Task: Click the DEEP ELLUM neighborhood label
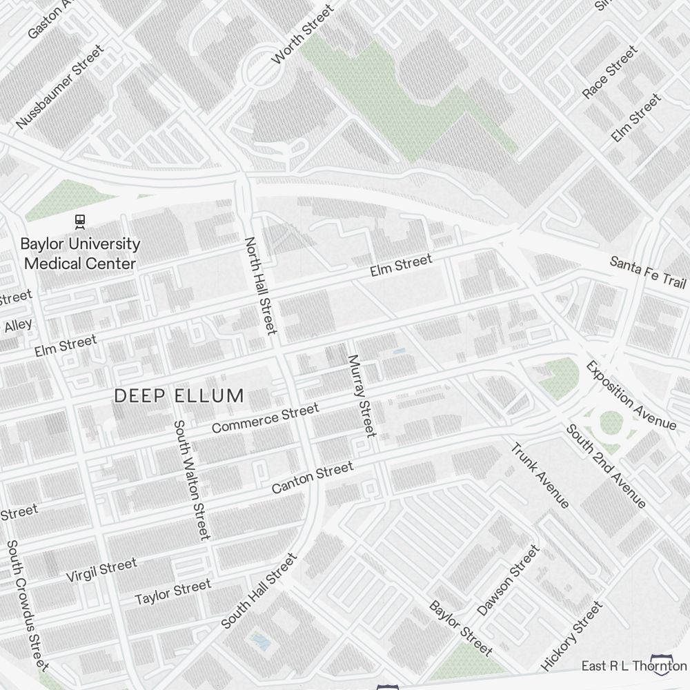tap(179, 396)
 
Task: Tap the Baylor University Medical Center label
tap(80, 253)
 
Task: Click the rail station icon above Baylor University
tap(81, 221)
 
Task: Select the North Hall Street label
tap(261, 286)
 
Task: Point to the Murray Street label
tap(362, 396)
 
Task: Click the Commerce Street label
tap(265, 419)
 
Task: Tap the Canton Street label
tap(312, 477)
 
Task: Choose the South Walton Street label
tap(191, 480)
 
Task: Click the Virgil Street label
tap(101, 571)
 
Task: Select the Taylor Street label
tap(172, 591)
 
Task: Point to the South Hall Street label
tap(259, 591)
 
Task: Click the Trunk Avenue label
tap(540, 475)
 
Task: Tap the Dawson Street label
tap(508, 581)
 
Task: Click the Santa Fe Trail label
tap(648, 272)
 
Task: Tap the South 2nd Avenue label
tap(606, 466)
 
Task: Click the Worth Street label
tap(303, 34)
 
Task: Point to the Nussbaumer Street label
tap(60, 87)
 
